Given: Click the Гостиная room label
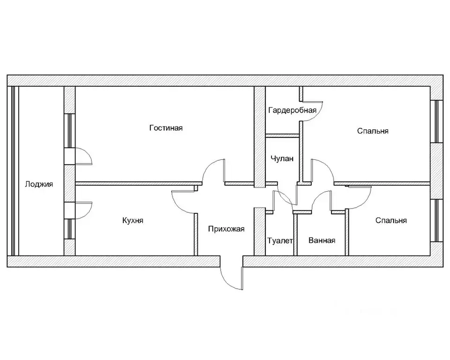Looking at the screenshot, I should (x=166, y=128).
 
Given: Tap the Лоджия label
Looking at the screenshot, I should (x=39, y=184).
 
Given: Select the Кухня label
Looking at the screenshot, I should (x=133, y=220).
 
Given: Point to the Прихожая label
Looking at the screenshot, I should (x=227, y=229).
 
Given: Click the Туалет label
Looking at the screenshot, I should (x=280, y=240).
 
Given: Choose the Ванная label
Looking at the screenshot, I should (x=322, y=240).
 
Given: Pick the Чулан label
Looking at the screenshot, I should (x=282, y=158).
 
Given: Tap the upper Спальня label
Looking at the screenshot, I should (x=373, y=131).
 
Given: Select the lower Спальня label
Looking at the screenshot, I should (x=391, y=220).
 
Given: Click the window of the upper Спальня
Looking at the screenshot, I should (x=437, y=121).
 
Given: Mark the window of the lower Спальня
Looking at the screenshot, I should (x=437, y=220).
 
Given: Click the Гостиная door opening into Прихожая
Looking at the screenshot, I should (x=214, y=171).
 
